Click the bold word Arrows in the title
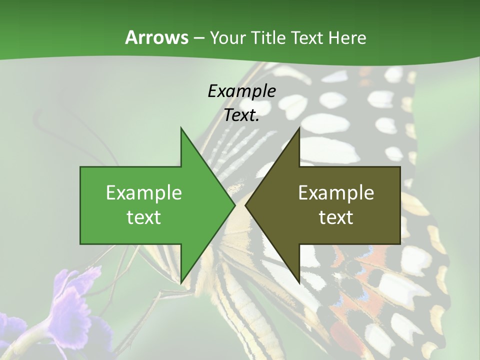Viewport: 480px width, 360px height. [x=156, y=37]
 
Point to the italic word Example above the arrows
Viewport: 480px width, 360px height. [x=241, y=91]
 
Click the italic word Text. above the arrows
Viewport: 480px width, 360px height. [x=241, y=115]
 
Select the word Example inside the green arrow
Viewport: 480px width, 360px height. [x=144, y=192]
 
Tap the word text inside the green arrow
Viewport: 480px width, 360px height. [x=144, y=217]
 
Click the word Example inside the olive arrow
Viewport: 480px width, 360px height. [x=336, y=192]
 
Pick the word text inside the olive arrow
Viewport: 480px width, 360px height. [x=336, y=217]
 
